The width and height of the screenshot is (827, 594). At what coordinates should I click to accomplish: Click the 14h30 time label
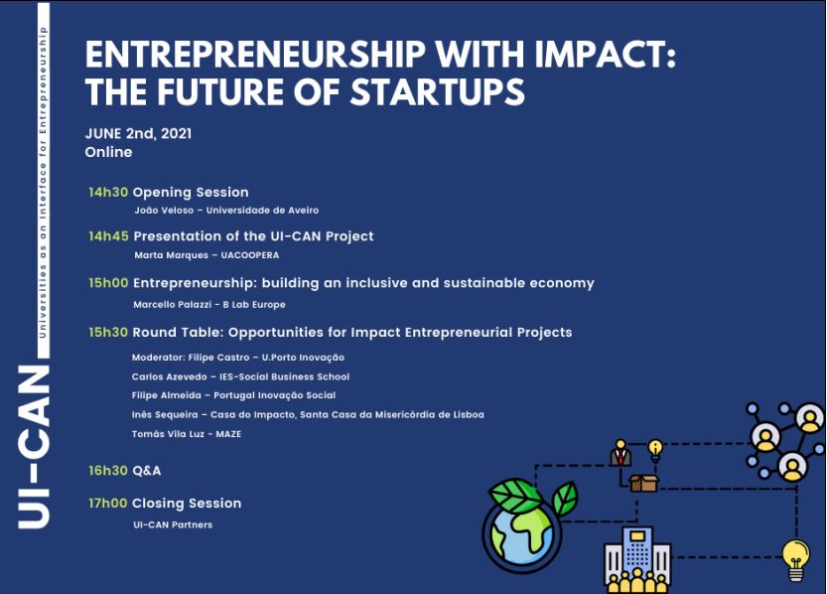[108, 192]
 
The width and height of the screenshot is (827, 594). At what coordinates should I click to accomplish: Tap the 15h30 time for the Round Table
[108, 333]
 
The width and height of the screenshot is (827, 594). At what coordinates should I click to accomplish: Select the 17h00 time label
[108, 504]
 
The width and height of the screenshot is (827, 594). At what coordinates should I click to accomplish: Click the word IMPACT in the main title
[605, 54]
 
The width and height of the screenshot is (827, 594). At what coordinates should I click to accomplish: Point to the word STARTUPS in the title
[438, 91]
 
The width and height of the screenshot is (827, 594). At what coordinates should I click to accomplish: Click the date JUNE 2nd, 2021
[138, 133]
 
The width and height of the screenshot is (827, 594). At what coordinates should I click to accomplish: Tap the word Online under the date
[108, 152]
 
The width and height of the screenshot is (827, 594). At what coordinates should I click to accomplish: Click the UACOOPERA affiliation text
[250, 255]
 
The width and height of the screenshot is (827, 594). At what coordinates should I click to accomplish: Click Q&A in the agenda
[147, 471]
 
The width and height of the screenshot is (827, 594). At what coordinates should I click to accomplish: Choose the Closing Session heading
[187, 504]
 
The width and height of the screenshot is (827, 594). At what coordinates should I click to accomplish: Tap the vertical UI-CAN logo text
[34, 446]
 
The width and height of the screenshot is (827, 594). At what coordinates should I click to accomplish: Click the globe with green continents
[522, 531]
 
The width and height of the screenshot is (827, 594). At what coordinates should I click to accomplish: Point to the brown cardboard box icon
[643, 483]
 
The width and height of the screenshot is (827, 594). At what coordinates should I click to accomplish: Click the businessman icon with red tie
[620, 453]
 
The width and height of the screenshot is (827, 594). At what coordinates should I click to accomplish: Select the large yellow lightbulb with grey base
[795, 560]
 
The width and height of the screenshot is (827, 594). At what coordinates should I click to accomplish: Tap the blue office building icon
[637, 559]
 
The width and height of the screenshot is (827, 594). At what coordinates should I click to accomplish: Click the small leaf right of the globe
[565, 498]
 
